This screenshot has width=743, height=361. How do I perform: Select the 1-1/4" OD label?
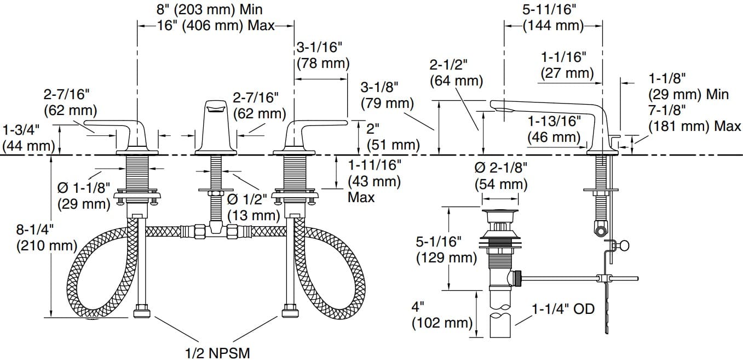(x=563, y=309)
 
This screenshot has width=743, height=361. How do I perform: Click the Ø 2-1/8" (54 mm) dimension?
(x=501, y=175)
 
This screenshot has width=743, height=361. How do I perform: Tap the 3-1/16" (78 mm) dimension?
(x=322, y=55)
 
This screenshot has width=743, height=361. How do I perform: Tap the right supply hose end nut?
(x=290, y=313)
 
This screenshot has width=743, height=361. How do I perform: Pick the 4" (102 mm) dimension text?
(x=441, y=315)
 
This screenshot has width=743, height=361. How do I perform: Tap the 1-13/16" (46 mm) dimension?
(x=553, y=128)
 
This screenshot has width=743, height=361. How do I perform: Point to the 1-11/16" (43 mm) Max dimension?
(x=375, y=180)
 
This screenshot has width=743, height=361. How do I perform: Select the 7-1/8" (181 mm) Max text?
(x=694, y=119)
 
